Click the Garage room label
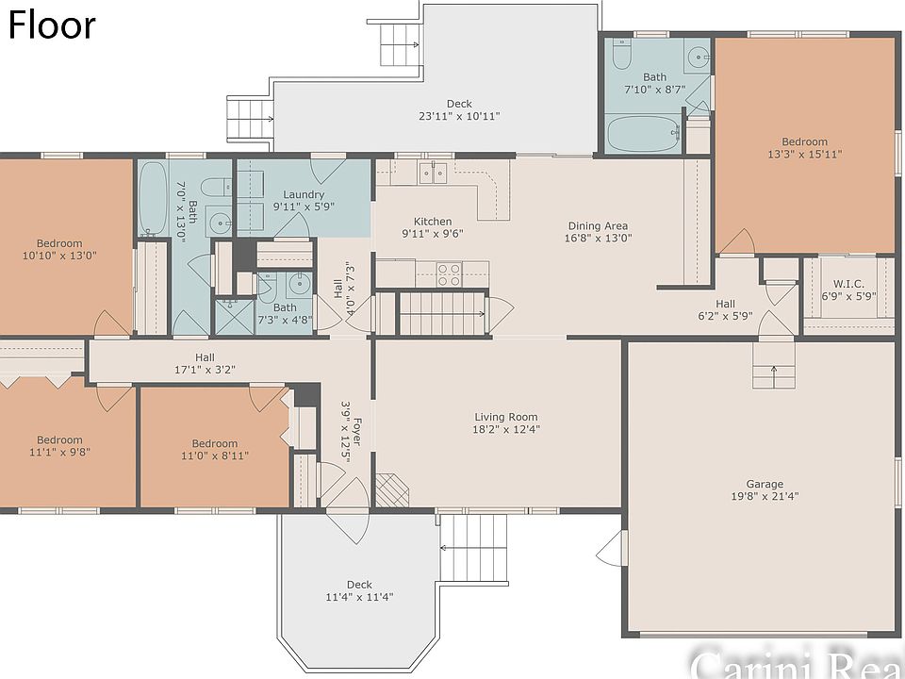pos(765,484)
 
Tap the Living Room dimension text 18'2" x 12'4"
pos(506,429)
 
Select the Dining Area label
pos(598,225)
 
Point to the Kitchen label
pos(433,221)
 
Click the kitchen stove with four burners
pos(449,274)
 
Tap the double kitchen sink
pos(433,172)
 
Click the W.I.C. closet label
pos(849,284)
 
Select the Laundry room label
pos(304,194)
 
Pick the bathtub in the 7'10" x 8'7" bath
pos(644,134)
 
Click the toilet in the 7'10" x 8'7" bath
pos(621,54)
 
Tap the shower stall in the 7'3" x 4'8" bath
pos(235,316)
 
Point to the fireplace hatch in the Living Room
pos(392,490)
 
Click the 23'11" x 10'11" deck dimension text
pos(459,116)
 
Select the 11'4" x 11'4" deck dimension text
pos(359,597)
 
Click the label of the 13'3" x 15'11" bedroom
pos(804,141)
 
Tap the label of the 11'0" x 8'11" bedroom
pos(215,443)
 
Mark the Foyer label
pos(357,431)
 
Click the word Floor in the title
pos(52,25)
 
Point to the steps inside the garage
pos(773,366)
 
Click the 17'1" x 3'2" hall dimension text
pos(205,370)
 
